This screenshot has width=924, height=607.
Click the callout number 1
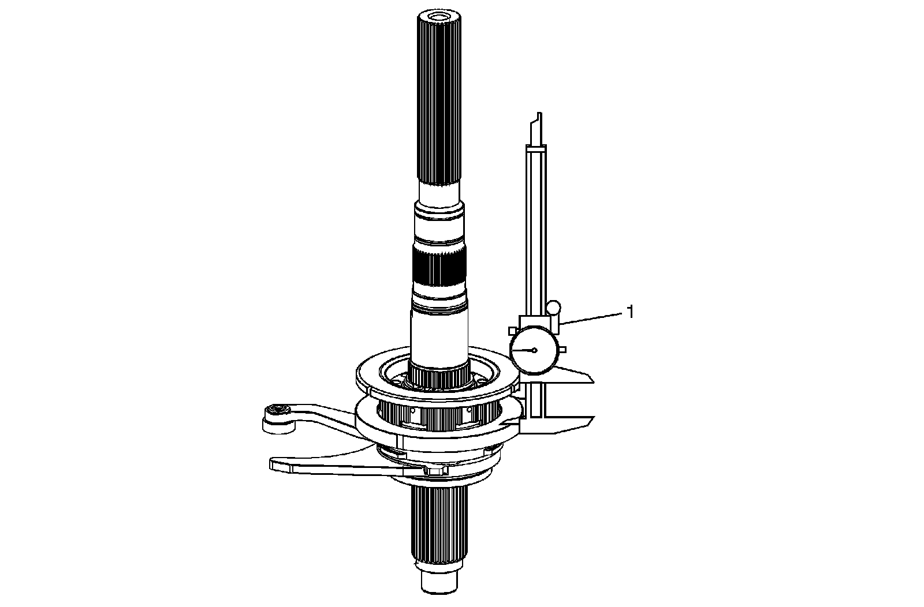point(629,312)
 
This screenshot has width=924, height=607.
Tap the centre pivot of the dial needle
point(535,350)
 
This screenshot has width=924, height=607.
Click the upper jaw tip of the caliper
point(593,379)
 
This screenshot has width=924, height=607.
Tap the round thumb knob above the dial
point(554,308)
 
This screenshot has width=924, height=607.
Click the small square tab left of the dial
point(513,331)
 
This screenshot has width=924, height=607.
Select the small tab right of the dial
point(562,350)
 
